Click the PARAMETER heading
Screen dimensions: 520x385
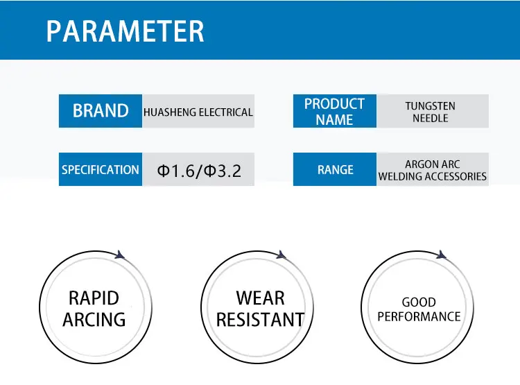pos(125,31)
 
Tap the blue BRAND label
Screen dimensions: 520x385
pos(101,111)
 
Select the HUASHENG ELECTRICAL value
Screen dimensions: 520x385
pos(198,112)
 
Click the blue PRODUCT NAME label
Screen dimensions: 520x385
pos(335,111)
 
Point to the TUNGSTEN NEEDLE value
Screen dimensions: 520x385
pos(430,112)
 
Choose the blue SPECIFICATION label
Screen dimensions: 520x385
pos(101,169)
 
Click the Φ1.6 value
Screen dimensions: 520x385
pos(175,171)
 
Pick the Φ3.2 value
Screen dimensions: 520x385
pos(222,171)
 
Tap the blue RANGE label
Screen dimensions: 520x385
pos(335,169)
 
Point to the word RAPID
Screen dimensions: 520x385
pos(94,298)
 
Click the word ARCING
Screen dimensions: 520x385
pos(94,320)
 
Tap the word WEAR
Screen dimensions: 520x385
pos(260,298)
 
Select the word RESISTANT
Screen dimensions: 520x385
pos(260,320)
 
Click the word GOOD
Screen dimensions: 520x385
pos(419,302)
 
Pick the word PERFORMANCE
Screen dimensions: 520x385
pos(419,316)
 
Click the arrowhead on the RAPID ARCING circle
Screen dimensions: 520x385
pos(120,255)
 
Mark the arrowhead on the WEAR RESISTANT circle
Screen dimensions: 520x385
pos(281,255)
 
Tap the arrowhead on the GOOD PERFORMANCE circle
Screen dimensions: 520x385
pos(441,255)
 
